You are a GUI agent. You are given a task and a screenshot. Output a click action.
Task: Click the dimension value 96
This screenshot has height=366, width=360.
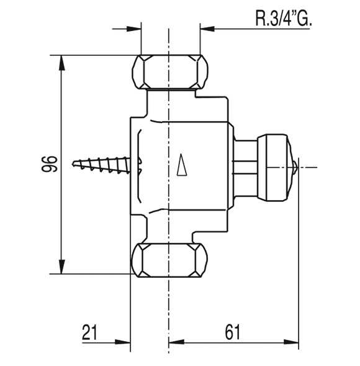[50, 164]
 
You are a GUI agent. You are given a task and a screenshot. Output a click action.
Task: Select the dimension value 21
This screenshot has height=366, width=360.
[90, 332]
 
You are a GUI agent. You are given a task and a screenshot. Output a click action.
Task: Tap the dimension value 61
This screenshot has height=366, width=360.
[232, 332]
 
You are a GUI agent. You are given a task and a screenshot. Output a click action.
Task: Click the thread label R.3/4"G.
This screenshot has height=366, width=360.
[284, 19]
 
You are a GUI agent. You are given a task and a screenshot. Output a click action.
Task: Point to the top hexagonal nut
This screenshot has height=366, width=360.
[169, 72]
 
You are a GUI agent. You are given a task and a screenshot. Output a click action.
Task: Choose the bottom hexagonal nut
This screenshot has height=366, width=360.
[169, 260]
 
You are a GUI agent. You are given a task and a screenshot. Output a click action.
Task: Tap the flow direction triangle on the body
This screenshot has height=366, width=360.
[182, 165]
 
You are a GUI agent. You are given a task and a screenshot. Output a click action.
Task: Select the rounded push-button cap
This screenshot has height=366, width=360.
[275, 167]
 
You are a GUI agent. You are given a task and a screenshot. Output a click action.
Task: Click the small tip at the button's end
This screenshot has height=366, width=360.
[295, 167]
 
